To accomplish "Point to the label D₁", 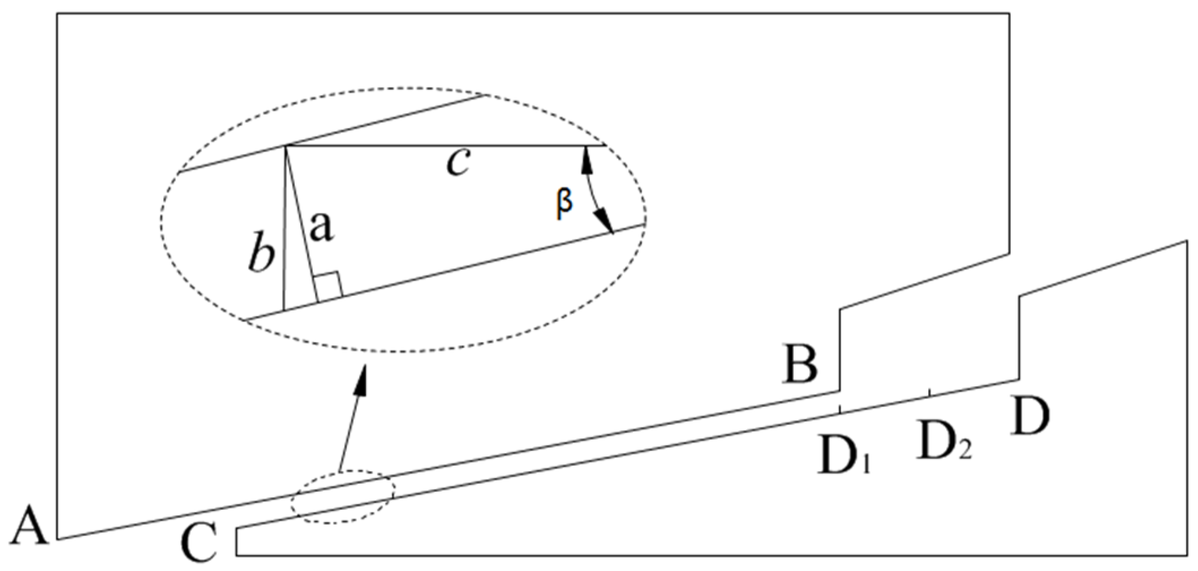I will [843, 453].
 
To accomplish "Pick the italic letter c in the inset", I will [458, 164].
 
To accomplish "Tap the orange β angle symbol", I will [564, 203].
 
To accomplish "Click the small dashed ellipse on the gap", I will [342, 496].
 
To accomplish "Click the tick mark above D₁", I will [839, 409].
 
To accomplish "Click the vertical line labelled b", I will [285, 226].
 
